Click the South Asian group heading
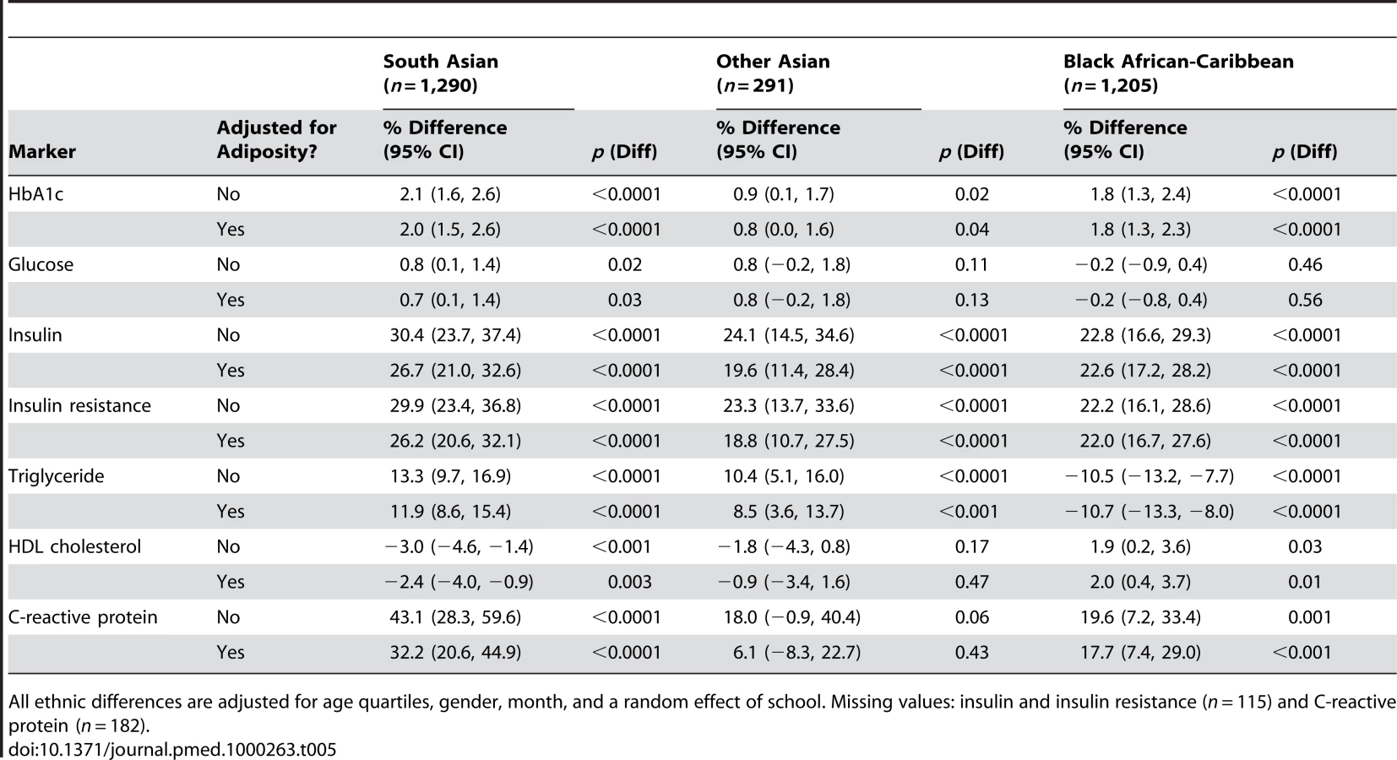click(x=440, y=73)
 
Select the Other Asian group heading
click(x=773, y=73)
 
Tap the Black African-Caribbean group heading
click(x=1178, y=73)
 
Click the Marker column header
click(x=41, y=151)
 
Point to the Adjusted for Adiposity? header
click(x=276, y=139)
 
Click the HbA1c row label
click(x=35, y=194)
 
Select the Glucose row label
click(x=41, y=264)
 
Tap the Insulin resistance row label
click(x=79, y=405)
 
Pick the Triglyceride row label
click(x=56, y=475)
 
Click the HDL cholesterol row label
click(x=74, y=546)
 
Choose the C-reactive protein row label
click(x=82, y=616)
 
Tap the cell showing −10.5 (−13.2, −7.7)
click(x=1149, y=476)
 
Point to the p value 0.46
click(x=1305, y=264)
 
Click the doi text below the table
click(x=172, y=749)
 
